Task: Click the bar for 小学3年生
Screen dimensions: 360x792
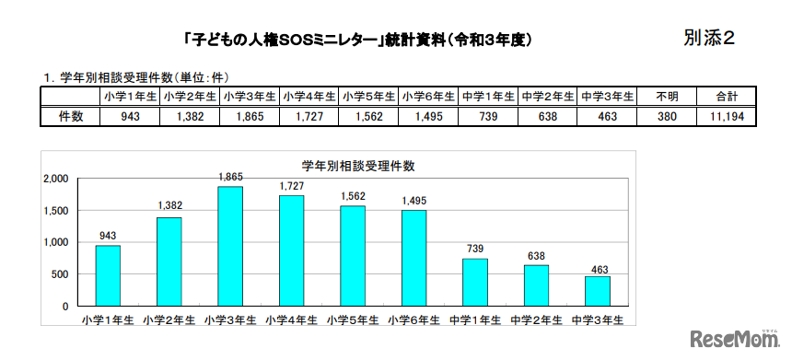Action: click(230, 246)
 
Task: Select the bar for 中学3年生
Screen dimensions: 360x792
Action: click(597, 290)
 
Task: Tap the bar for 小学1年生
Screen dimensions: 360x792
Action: click(108, 275)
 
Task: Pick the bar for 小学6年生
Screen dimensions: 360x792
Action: click(413, 258)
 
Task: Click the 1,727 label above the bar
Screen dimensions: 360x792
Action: click(291, 185)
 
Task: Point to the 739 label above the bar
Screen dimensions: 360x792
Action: click(474, 249)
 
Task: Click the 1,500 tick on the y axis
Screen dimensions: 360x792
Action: click(55, 211)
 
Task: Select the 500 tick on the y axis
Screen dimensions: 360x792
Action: click(60, 274)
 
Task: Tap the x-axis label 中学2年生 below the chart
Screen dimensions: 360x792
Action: click(536, 319)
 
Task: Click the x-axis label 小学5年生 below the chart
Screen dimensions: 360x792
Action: click(353, 319)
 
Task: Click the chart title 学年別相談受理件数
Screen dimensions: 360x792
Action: click(359, 166)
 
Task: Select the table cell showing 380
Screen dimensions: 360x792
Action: click(668, 117)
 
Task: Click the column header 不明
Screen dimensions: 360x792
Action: click(668, 97)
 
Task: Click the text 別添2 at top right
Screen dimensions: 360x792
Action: click(709, 38)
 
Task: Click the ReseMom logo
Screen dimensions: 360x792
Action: click(738, 339)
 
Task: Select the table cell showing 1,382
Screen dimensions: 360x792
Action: click(190, 117)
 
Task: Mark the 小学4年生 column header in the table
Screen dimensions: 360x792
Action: click(309, 97)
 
